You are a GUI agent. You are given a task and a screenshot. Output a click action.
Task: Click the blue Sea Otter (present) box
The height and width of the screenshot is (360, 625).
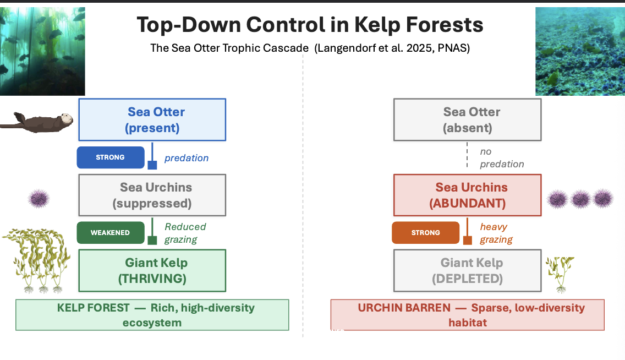coord(152,119)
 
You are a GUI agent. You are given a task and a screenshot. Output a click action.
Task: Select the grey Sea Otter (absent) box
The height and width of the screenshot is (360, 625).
coord(467,119)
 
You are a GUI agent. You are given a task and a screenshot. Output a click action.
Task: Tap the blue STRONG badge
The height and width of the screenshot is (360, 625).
coord(111,157)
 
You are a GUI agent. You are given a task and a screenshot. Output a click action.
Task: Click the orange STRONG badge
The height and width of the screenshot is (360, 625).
coord(425,233)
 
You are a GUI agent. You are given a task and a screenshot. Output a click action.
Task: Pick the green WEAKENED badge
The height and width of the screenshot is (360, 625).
coord(111,233)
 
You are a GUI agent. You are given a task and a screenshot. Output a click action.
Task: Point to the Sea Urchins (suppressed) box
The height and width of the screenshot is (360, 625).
coord(152,195)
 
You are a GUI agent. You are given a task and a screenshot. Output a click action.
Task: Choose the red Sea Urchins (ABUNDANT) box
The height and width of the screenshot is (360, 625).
coord(467,195)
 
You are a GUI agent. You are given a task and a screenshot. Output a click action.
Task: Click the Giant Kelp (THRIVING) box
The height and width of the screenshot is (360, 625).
coord(152,270)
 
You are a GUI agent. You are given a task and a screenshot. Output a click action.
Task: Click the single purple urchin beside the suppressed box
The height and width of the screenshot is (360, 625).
coord(39,198)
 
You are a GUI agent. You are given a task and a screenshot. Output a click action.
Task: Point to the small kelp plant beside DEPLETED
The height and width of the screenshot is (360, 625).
coord(560,272)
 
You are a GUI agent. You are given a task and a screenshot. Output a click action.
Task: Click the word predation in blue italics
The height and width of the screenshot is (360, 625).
coord(187,158)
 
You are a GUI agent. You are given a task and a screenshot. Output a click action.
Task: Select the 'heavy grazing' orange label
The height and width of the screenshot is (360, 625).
coord(496,233)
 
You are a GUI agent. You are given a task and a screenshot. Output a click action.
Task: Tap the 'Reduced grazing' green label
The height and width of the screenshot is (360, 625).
coord(185,233)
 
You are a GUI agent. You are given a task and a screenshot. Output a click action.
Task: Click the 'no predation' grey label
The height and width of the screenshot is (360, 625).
coord(501,157)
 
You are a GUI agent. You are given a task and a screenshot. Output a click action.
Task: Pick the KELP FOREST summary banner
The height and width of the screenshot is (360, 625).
coord(152,315)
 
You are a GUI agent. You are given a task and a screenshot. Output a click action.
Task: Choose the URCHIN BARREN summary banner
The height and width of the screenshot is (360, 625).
coord(467,315)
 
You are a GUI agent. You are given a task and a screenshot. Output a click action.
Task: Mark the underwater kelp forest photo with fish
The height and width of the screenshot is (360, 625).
coord(42,51)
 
